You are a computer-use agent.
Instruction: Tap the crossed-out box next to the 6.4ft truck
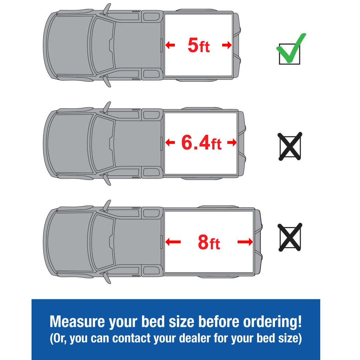[290, 146]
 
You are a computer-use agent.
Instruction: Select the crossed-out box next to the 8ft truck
[290, 237]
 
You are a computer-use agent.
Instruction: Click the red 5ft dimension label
[199, 45]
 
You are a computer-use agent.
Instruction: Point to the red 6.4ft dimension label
[201, 143]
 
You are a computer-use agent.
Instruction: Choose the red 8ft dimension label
[209, 242]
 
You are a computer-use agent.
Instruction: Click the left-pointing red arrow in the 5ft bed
[170, 45]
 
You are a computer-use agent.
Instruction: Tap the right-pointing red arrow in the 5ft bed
[227, 45]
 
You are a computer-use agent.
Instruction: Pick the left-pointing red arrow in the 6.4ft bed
[170, 142]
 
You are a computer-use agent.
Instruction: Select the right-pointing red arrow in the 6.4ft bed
[232, 142]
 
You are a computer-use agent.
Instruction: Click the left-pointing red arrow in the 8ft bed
[173, 242]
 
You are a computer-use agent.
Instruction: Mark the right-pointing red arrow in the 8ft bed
[245, 242]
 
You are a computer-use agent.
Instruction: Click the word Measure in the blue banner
[77, 322]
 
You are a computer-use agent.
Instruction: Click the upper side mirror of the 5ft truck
[107, 9]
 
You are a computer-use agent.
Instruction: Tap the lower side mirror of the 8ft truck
[107, 278]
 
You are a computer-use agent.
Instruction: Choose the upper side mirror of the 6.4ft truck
[107, 107]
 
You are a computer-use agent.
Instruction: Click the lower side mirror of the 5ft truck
[107, 81]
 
